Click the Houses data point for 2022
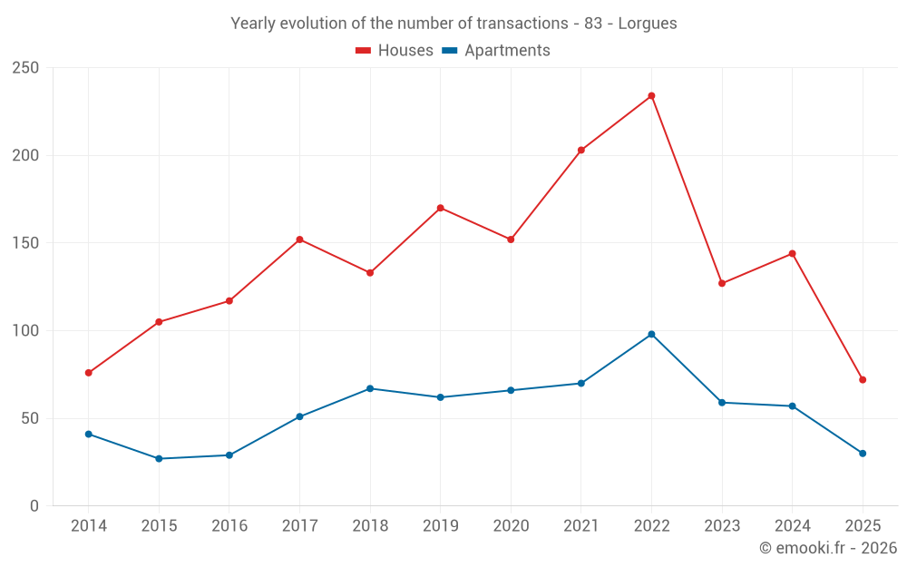click(651, 96)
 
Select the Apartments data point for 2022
click(651, 334)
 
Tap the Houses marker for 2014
click(88, 373)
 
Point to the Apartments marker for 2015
click(159, 459)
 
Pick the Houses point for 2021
click(581, 151)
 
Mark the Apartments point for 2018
click(370, 388)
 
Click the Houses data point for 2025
click(863, 380)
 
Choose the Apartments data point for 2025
click(863, 454)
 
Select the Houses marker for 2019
click(440, 208)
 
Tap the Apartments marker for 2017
click(299, 417)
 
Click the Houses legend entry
click(395, 51)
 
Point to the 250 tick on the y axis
click(25, 68)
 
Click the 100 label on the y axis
click(25, 331)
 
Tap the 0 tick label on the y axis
click(34, 506)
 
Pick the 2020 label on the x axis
click(511, 526)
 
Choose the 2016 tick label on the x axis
click(229, 526)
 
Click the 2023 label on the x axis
click(722, 526)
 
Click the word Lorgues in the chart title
click(648, 24)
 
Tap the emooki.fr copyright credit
click(828, 548)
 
